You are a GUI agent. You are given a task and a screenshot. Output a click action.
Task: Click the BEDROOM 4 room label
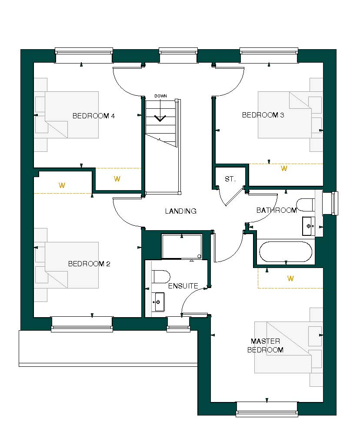tap(93, 116)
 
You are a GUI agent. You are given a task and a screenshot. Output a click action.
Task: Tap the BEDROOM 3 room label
tap(263, 115)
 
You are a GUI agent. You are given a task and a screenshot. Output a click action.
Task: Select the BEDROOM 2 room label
tap(89, 264)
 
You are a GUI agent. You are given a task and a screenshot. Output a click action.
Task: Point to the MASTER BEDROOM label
tap(265, 345)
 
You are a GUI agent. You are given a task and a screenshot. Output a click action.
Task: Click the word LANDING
tap(180, 211)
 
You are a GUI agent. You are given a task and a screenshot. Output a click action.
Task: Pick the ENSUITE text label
tap(183, 286)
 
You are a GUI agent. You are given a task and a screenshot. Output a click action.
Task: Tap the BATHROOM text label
tap(276, 211)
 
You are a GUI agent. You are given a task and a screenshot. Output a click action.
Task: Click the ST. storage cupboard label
tap(230, 179)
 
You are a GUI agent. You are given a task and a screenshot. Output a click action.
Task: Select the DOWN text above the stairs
tap(160, 96)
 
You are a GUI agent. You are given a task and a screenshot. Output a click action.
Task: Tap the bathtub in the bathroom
tap(285, 252)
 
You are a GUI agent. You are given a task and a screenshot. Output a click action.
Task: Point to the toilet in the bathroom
tap(306, 204)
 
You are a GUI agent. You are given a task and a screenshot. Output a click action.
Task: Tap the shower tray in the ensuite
tap(182, 247)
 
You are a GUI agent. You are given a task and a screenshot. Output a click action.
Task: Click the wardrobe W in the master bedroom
tap(290, 278)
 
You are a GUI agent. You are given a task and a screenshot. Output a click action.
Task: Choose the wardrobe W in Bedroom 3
tap(284, 169)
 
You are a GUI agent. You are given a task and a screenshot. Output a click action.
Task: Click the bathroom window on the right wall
tap(333, 203)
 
